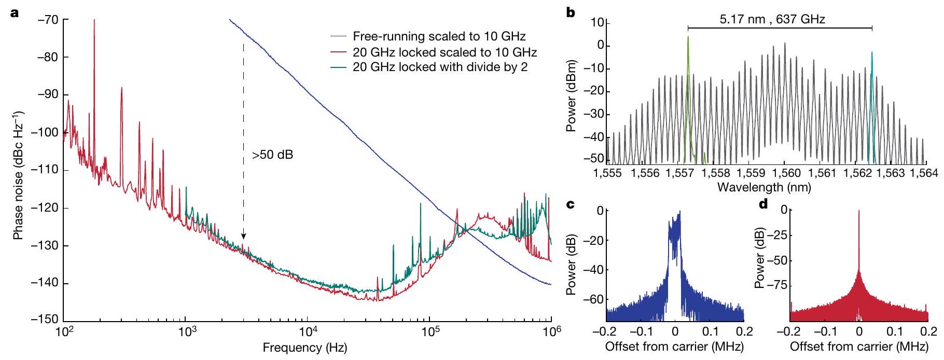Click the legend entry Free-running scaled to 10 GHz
click(439, 36)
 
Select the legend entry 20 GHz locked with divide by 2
click(440, 67)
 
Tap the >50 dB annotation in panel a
click(272, 155)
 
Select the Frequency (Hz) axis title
click(304, 348)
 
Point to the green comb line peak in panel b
click(688, 37)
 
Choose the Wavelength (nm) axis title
click(763, 187)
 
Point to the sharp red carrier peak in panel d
click(859, 212)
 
